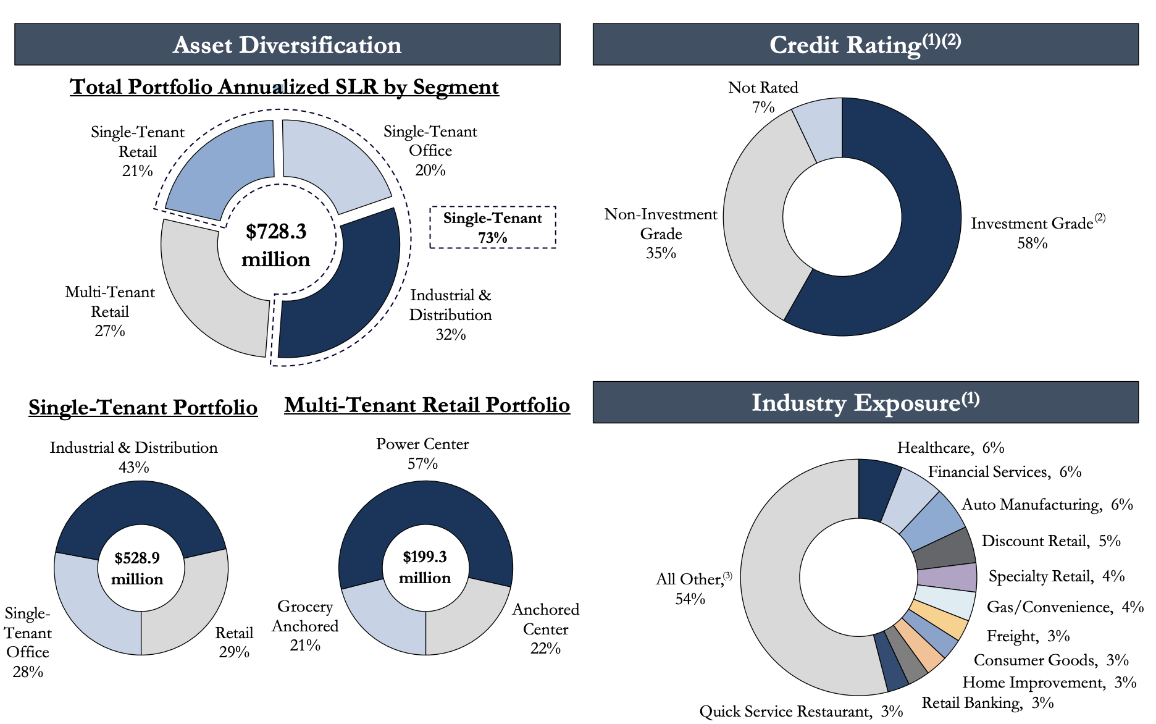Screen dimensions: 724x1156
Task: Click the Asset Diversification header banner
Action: pos(287,44)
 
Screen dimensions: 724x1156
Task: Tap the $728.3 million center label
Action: pos(276,245)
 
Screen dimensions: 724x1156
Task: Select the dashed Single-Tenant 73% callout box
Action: pos(493,227)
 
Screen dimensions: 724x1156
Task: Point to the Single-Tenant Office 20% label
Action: pos(430,150)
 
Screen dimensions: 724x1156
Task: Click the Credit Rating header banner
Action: pos(865,44)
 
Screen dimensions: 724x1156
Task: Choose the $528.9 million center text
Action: pos(137,568)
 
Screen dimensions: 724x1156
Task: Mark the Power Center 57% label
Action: pos(422,453)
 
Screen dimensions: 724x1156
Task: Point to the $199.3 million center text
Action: pos(425,567)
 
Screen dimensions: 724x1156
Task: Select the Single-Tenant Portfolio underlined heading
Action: pos(143,407)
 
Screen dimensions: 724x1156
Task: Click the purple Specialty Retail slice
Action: pos(947,578)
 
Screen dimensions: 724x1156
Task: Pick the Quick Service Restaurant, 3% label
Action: pos(801,711)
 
